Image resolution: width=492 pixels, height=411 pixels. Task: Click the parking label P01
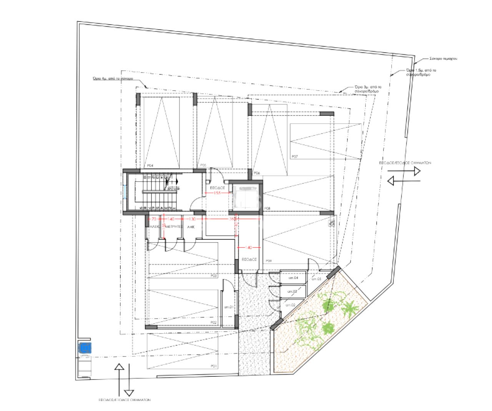pyautogui.click(x=214, y=366)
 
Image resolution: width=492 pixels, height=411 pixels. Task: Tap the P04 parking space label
pyautogui.click(x=150, y=165)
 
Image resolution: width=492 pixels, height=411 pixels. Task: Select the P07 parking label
pyautogui.click(x=295, y=156)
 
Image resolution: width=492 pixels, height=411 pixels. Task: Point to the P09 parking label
pyautogui.click(x=269, y=261)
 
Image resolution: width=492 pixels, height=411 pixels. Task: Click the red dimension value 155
pyautogui.click(x=217, y=193)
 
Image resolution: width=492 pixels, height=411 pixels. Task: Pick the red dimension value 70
pyautogui.click(x=154, y=219)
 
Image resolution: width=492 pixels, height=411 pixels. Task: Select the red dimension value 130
pyautogui.click(x=193, y=219)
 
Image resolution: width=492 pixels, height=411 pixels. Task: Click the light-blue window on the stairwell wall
pyautogui.click(x=125, y=191)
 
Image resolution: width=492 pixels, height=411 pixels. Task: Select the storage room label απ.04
pyautogui.click(x=294, y=277)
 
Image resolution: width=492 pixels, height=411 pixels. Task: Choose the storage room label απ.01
pyautogui.click(x=229, y=307)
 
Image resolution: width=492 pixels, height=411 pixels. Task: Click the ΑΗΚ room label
pyautogui.click(x=191, y=227)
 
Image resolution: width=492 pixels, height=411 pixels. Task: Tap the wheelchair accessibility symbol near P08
pyautogui.click(x=331, y=223)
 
